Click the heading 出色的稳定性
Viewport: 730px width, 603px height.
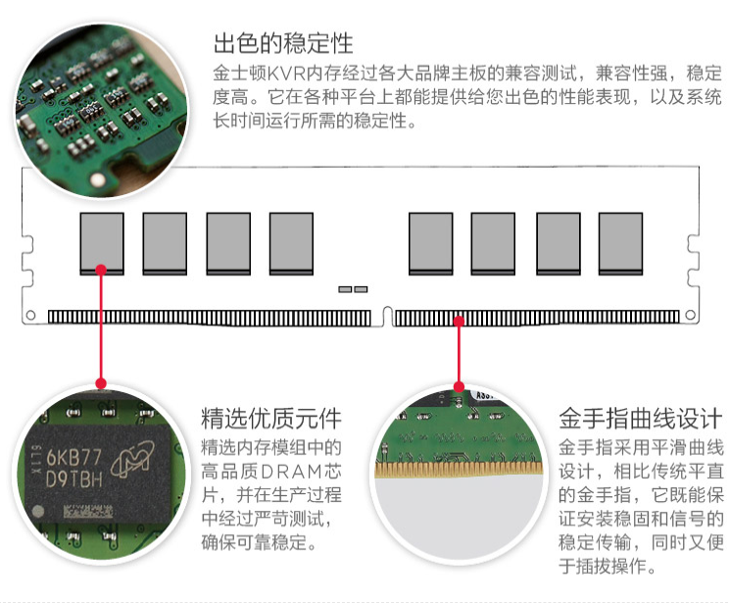[x=283, y=43]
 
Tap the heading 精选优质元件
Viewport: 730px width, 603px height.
[x=271, y=418]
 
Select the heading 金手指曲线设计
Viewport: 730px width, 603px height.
[x=641, y=418]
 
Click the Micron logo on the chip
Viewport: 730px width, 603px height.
[x=132, y=459]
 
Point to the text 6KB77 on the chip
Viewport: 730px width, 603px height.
[x=74, y=457]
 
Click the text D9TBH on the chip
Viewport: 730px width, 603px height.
[x=74, y=479]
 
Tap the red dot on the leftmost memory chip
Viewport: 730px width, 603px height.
[x=101, y=270]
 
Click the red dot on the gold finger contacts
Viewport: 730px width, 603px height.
[x=459, y=321]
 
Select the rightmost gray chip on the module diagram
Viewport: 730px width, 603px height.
[x=620, y=244]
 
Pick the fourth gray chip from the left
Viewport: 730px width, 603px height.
[x=291, y=244]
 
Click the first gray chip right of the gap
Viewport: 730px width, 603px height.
[x=430, y=244]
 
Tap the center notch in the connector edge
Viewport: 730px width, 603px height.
[x=387, y=317]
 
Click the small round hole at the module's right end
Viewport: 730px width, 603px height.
[x=691, y=315]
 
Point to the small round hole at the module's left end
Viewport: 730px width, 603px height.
[x=30, y=315]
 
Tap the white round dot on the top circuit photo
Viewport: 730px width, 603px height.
[x=98, y=179]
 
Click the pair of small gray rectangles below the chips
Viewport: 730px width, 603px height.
[x=353, y=289]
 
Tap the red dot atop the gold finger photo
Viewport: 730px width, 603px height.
[x=459, y=386]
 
